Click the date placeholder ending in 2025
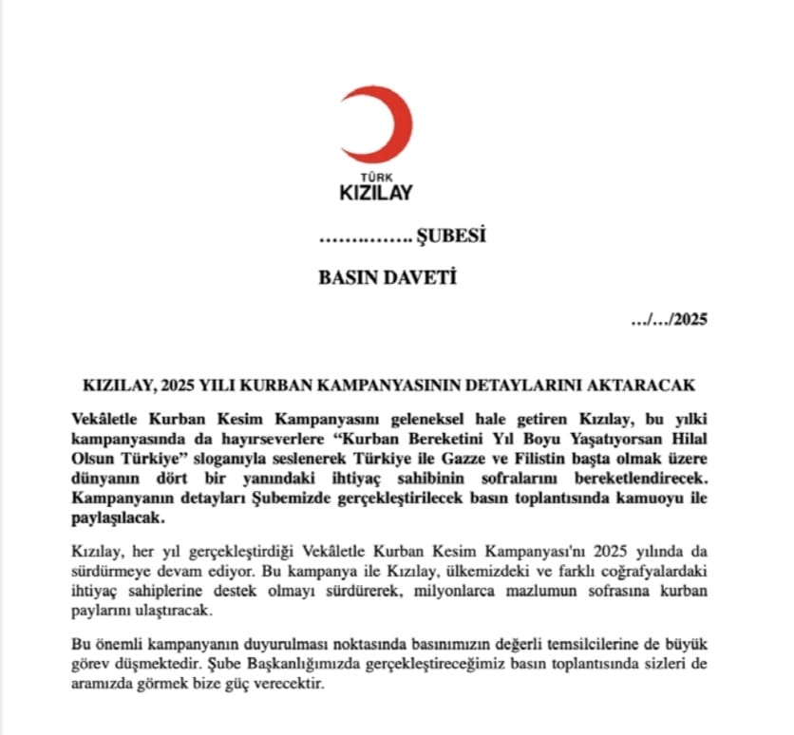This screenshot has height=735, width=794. click(x=670, y=320)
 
